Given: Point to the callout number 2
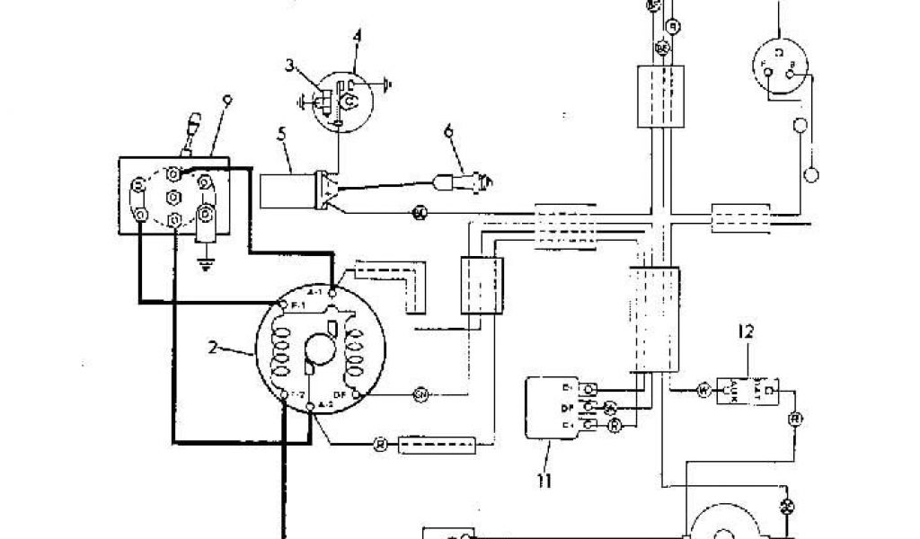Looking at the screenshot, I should tap(214, 348).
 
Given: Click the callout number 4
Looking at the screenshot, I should tap(357, 37).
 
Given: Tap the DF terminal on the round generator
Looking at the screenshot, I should tap(358, 394).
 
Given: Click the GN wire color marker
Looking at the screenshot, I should tap(420, 394).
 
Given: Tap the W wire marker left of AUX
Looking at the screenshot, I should tap(703, 391).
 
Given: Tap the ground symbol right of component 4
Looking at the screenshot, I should tap(385, 85).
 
